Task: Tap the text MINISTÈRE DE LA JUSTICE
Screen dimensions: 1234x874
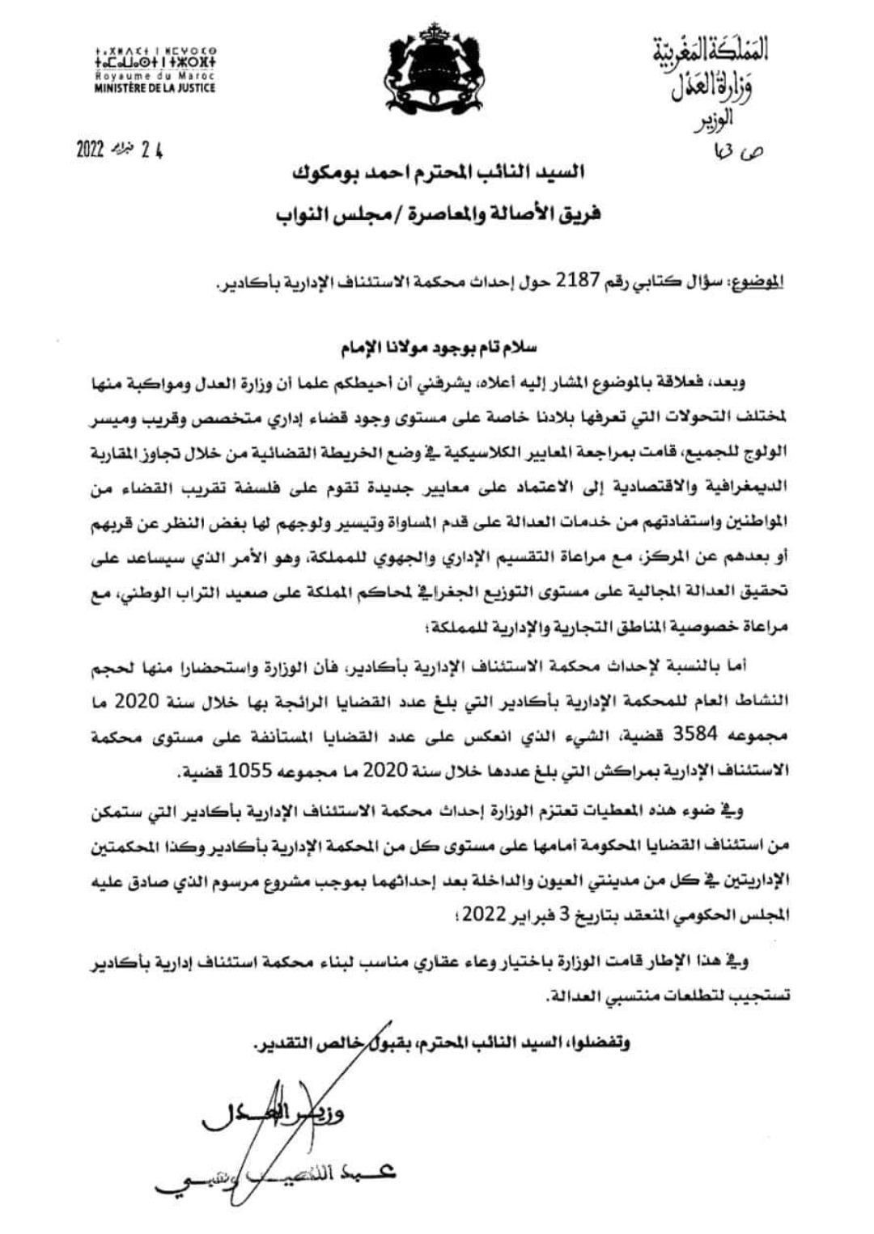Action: (155, 87)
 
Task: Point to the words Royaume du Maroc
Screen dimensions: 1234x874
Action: (155, 77)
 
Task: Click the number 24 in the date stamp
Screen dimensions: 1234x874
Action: (151, 151)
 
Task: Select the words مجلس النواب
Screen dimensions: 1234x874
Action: (322, 216)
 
